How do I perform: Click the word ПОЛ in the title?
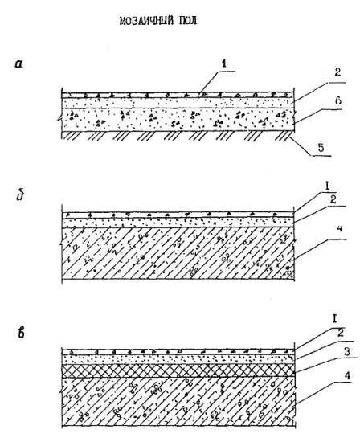pos(187,21)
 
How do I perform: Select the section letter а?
pos(19,64)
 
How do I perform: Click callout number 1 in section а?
pos(224,64)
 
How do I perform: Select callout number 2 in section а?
pos(337,72)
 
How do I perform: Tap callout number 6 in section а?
pos(338,100)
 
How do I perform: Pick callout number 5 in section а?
pos(321,147)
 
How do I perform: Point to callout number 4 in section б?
pos(339,229)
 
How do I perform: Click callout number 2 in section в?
pos(341,333)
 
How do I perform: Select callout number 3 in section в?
pos(346,351)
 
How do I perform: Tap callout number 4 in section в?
pos(347,375)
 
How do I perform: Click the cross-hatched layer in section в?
pos(178,370)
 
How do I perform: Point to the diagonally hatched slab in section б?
pos(178,253)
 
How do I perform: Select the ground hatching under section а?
pos(178,136)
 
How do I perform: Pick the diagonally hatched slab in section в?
pos(178,402)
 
